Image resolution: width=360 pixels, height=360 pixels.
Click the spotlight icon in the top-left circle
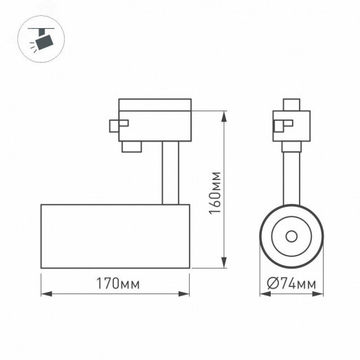[45, 41]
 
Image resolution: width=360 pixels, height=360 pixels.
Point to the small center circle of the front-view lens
[290, 236]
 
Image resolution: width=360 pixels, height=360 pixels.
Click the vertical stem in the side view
[170, 175]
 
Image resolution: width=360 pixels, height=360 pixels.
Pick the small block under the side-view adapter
[131, 147]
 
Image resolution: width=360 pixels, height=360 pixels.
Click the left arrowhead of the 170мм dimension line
[45, 295]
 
